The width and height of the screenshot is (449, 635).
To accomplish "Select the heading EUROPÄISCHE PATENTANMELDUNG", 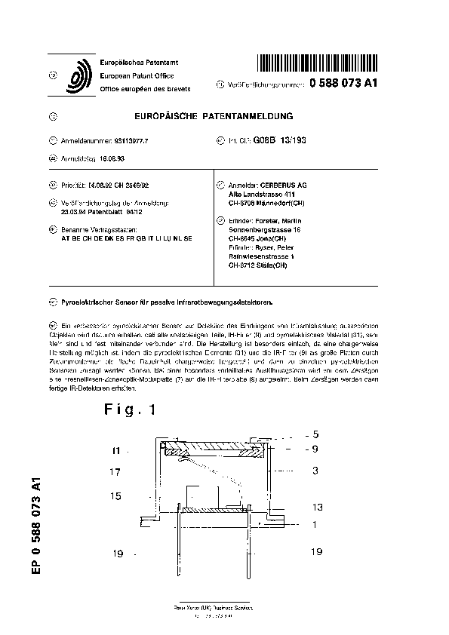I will tap(213, 116).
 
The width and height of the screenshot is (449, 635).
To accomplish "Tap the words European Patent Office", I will tap(137, 76).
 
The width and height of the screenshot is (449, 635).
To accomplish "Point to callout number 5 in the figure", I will tap(317, 434).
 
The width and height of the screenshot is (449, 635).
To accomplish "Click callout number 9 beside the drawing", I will tap(317, 449).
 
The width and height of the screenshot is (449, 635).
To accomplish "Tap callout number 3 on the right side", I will tap(317, 470).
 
